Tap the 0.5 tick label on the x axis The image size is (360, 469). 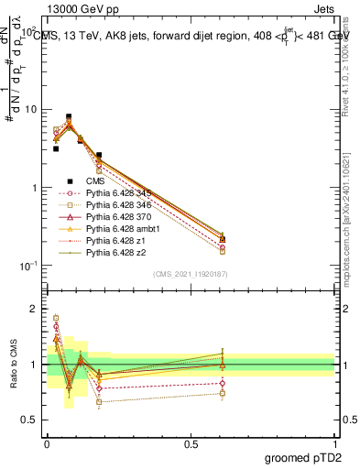[x=191, y=444]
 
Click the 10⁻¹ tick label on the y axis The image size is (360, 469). [x=31, y=266]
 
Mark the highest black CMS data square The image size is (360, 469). [x=69, y=117]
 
